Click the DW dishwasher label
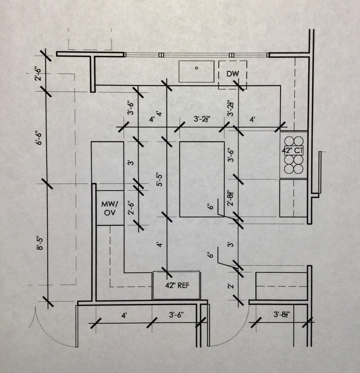tap(233, 74)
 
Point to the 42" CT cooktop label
tap(293, 150)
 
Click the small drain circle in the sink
tap(196, 68)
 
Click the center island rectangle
tap(202, 179)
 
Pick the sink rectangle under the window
tap(196, 72)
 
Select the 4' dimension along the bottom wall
tap(124, 315)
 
